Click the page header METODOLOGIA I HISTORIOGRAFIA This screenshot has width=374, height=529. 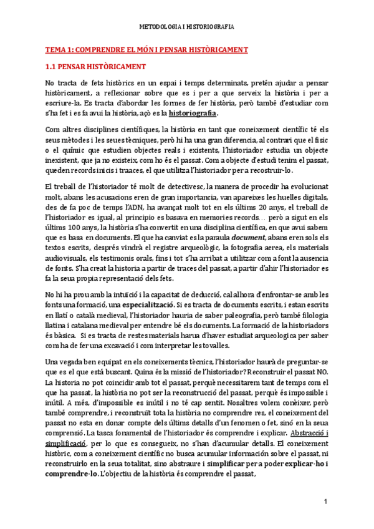[186, 27]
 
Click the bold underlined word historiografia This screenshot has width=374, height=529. [195, 114]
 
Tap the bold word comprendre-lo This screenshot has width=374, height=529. [71, 456]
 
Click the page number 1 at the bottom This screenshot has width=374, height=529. [325, 502]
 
